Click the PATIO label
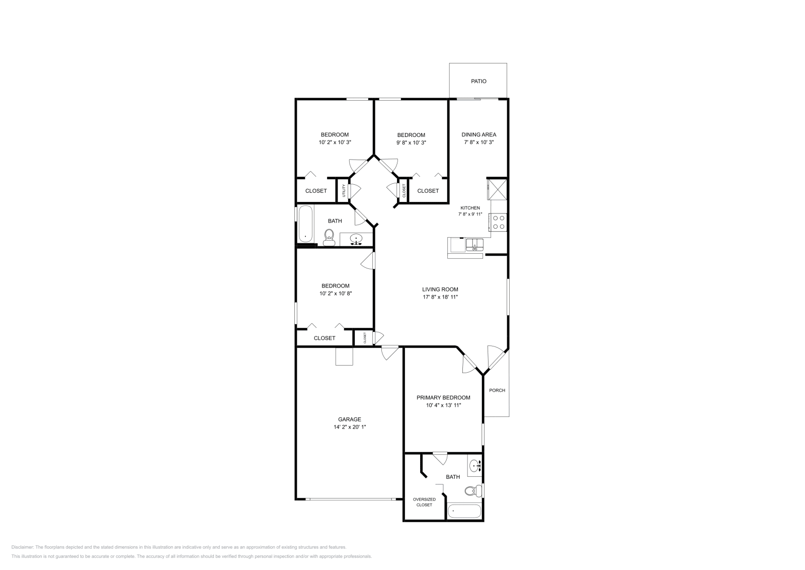[x=478, y=81]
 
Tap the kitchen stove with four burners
[x=499, y=222]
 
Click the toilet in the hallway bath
[x=329, y=237]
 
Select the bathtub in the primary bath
[x=464, y=511]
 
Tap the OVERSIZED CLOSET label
[x=424, y=502]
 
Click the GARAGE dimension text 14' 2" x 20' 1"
[x=349, y=427]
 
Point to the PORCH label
[x=497, y=390]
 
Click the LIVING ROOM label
[x=440, y=290]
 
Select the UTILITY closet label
[x=344, y=190]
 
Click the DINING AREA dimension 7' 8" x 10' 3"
[x=478, y=142]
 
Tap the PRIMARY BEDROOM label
[x=443, y=397]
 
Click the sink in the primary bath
[x=474, y=467]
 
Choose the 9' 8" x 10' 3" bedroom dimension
[x=411, y=142]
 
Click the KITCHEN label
[x=470, y=208]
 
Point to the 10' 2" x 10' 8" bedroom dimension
[x=335, y=293]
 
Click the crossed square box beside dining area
[x=498, y=190]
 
